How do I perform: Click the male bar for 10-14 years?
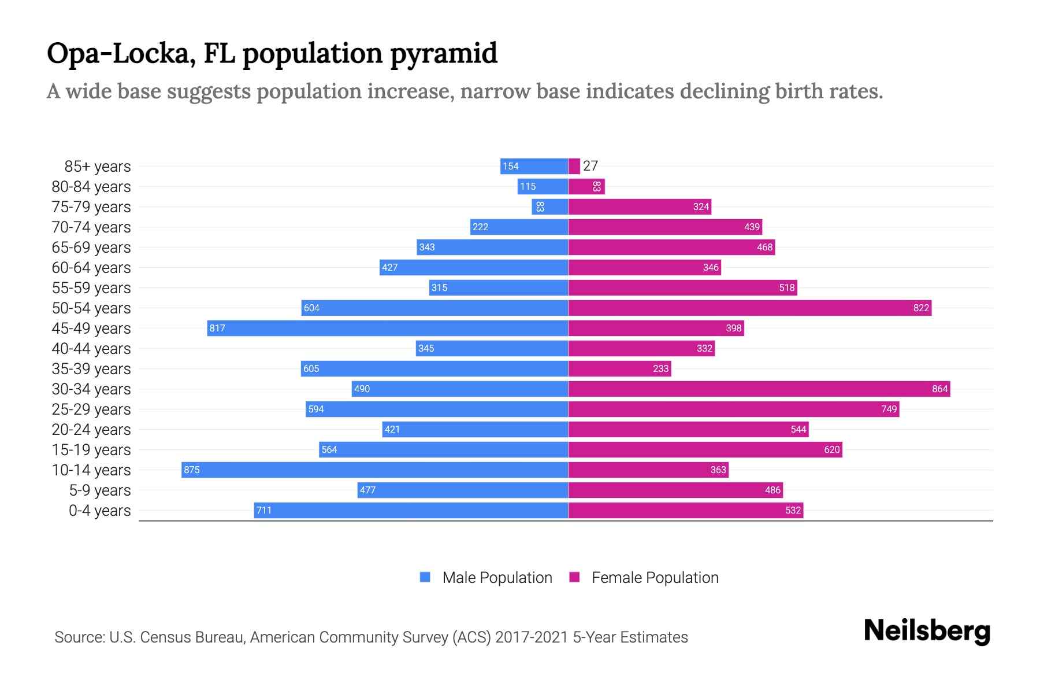coord(374,470)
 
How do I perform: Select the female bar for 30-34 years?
coord(759,389)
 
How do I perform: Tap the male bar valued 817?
coord(387,328)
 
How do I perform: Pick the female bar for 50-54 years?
coord(749,308)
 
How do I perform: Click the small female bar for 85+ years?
coord(574,166)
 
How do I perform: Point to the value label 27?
coord(590,166)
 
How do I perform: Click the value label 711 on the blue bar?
coord(264,510)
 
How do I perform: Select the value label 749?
coord(889,409)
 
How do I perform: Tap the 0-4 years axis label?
coord(99,511)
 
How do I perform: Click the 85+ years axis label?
coord(97,167)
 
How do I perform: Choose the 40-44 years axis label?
coord(91,349)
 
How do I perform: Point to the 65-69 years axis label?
coord(91,248)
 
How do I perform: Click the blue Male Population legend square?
coord(425,577)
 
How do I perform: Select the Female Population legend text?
coord(655,577)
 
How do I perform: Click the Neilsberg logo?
coord(927,631)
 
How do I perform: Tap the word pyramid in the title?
coord(443,54)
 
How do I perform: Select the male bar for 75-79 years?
coord(549,206)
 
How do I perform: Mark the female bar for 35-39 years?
coord(619,368)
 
